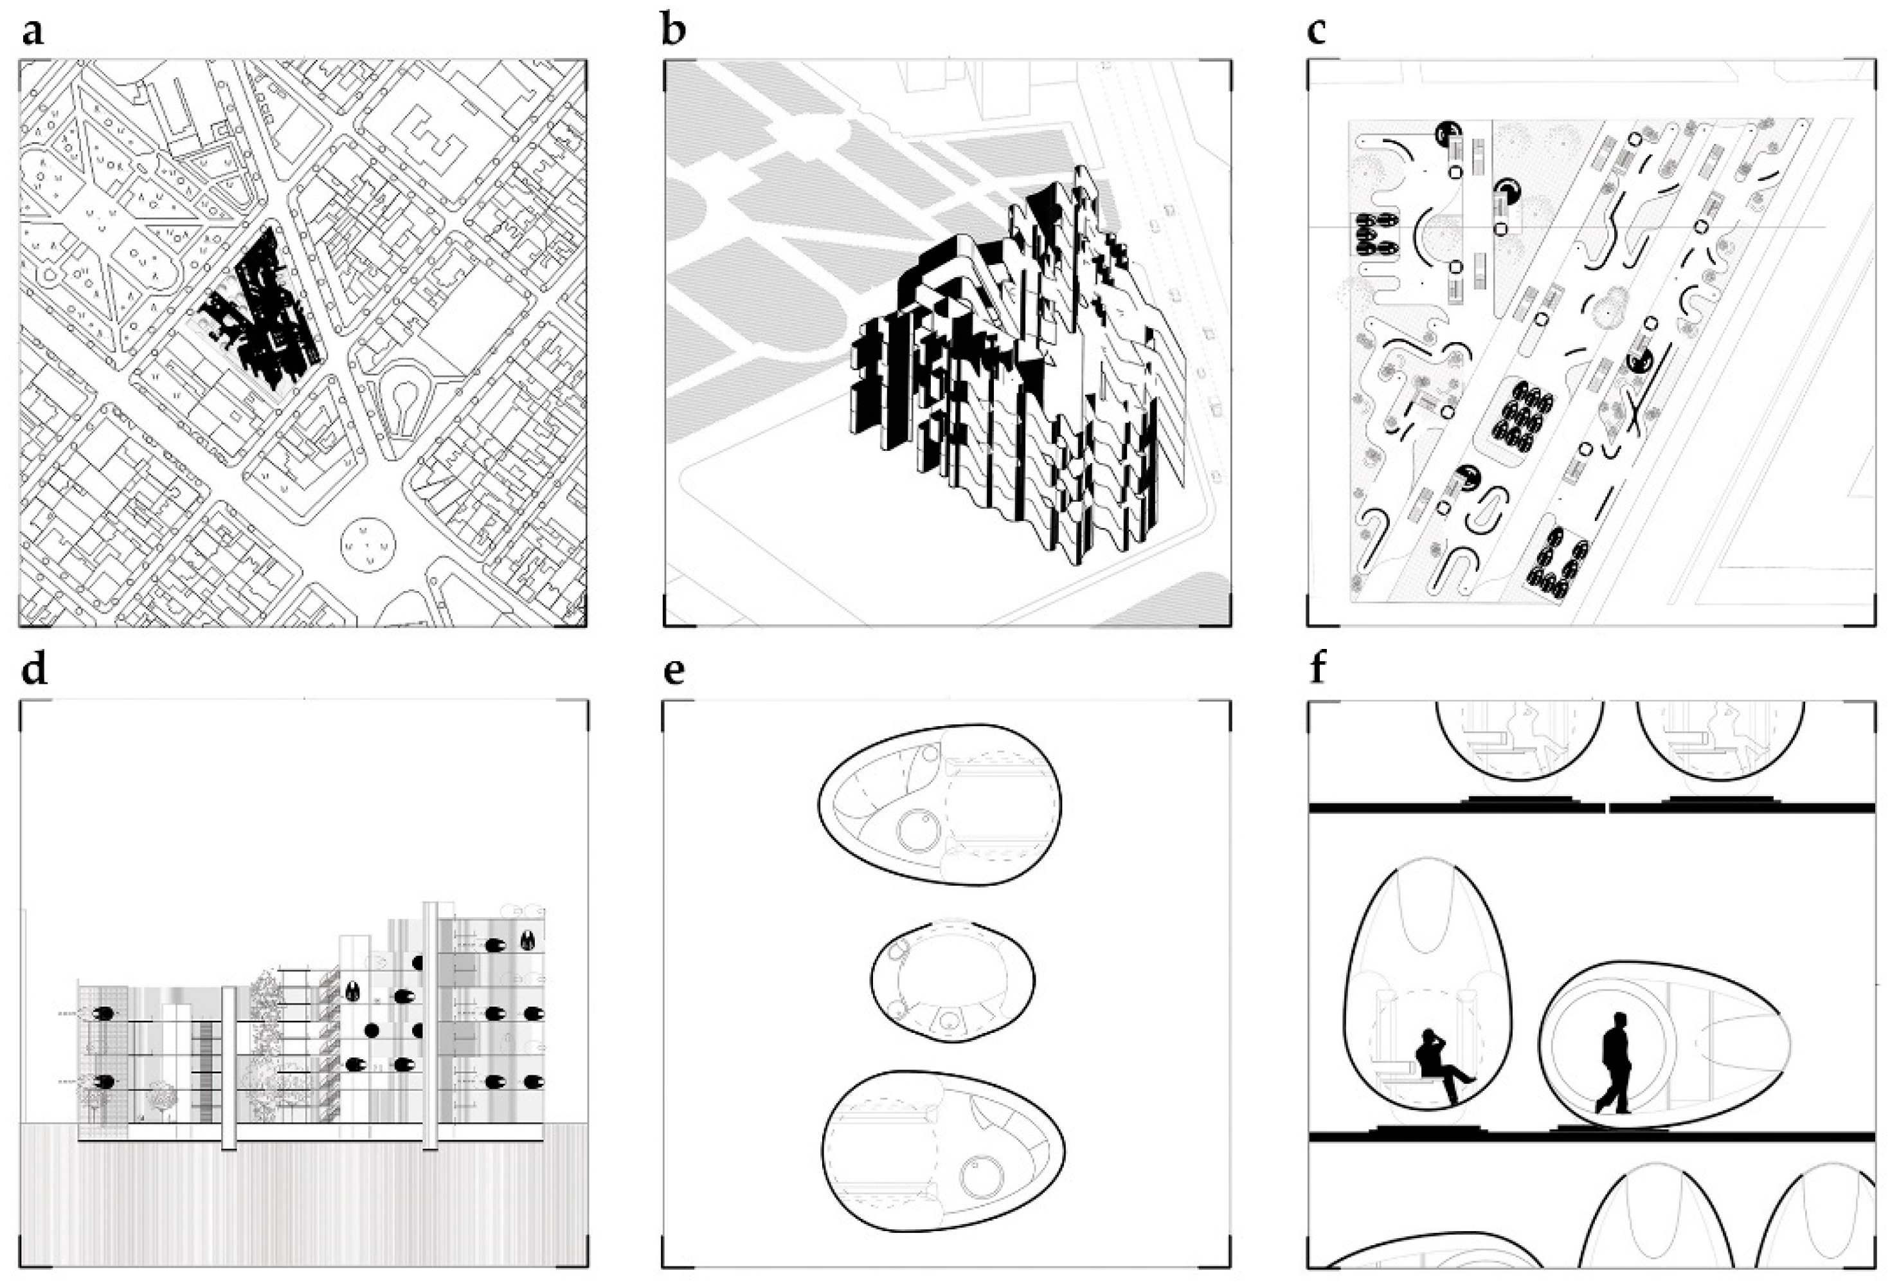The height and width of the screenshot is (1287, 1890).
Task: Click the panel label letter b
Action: tap(673, 31)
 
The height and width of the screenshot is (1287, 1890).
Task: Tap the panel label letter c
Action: tap(1316, 31)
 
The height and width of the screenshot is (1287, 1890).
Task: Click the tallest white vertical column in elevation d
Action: tap(431, 1025)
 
